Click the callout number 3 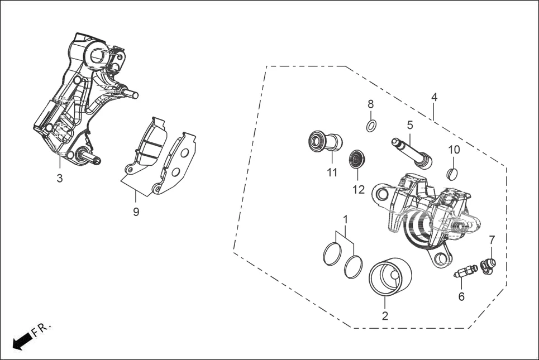point(60,179)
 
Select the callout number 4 point(434,97)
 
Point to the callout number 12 point(358,190)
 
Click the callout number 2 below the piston point(384,316)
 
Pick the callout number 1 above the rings point(345,219)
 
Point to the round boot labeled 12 point(356,159)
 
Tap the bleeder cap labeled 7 point(488,266)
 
